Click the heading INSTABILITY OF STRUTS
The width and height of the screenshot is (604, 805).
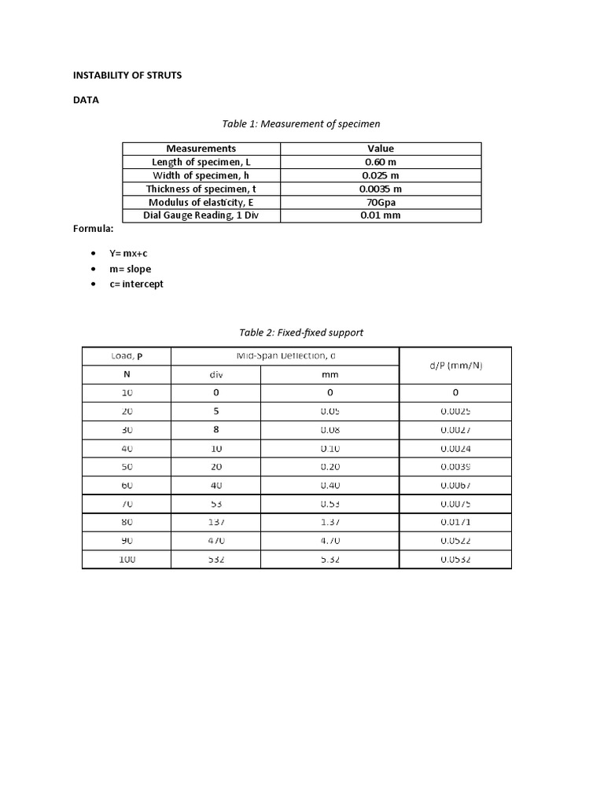coord(127,75)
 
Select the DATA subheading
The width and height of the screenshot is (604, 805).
coord(86,100)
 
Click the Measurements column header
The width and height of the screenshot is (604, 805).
coord(201,149)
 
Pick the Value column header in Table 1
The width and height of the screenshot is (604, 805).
coord(381,149)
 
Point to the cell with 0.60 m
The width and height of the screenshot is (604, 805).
coord(381,162)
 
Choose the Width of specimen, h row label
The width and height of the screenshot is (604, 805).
coord(201,175)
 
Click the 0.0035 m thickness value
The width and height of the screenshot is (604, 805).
coord(381,189)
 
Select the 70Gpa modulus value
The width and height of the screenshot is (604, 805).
coord(381,202)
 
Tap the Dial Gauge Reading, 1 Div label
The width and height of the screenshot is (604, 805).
coord(201,215)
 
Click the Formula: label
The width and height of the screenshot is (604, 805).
coord(94,229)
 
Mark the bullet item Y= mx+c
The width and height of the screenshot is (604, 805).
coord(129,254)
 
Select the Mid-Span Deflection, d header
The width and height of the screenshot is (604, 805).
coord(285,356)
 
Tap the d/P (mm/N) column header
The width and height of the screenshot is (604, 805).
coord(455,366)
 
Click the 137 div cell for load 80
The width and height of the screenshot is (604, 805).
coord(215,522)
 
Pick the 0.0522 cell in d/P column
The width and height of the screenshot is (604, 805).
coord(455,541)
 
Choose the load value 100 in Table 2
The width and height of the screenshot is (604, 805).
coord(127,560)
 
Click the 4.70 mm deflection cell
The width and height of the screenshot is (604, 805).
coord(330,541)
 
